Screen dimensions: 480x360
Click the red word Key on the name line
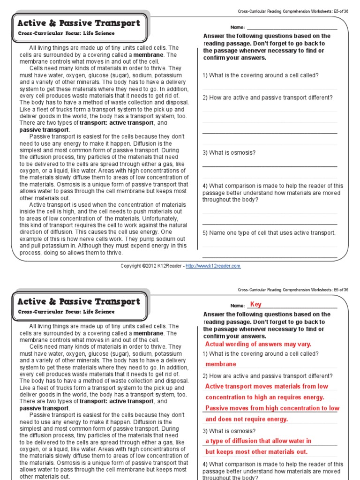pos(255,304)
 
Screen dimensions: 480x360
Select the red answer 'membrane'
pos(220,364)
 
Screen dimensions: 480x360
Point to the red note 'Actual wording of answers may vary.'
pos(258,344)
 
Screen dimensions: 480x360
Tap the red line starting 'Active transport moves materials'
pos(266,386)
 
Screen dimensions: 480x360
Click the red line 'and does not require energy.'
pos(247,419)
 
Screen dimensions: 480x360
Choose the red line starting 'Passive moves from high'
pos(272,408)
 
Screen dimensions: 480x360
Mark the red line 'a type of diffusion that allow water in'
pos(258,441)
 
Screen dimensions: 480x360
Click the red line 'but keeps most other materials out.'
pos(256,452)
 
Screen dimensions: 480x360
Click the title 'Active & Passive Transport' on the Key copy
pos(78,301)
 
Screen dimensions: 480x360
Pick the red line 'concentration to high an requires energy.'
pos(264,397)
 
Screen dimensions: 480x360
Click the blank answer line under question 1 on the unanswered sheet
pos(270,89)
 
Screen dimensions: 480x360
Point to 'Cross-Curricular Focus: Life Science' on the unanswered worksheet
pos(66,34)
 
